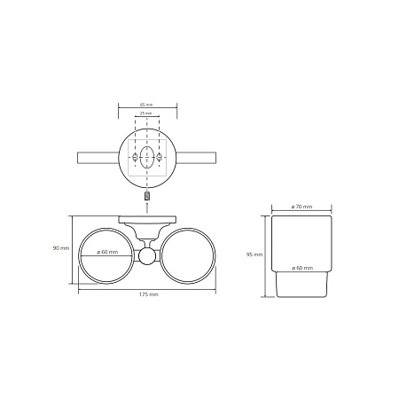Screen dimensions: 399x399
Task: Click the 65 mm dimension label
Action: (146, 105)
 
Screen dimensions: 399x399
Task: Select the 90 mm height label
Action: (61, 248)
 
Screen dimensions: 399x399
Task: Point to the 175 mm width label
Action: (149, 294)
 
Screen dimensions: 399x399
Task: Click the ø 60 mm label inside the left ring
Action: (107, 252)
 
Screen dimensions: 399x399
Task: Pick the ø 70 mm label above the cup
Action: (301, 207)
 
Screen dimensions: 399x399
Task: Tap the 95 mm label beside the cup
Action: (254, 254)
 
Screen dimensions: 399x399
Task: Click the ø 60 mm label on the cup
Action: (302, 268)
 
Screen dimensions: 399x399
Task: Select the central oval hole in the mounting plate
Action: (147, 157)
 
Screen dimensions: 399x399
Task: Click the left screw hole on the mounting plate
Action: (135, 157)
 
